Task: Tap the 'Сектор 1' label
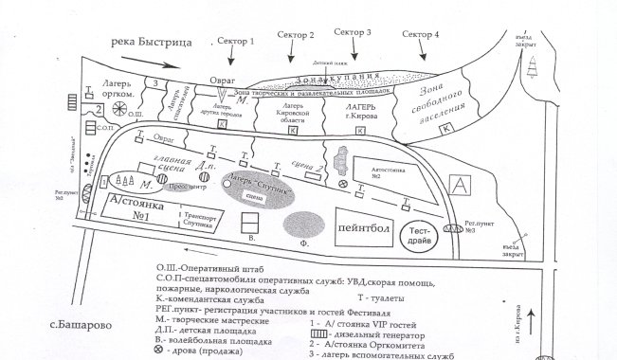coord(237,42)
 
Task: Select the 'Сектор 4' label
coord(420,34)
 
